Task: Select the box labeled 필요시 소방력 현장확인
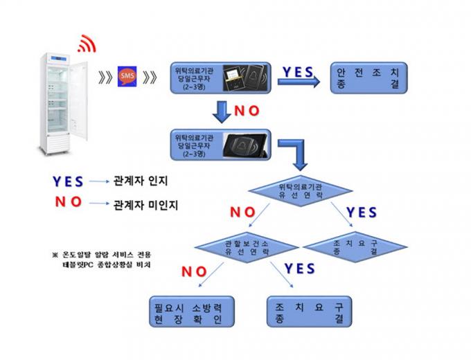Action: [x=188, y=313]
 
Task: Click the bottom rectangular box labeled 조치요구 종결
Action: [x=309, y=313]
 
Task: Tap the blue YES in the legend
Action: [x=69, y=181]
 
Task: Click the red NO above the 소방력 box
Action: [x=195, y=271]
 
